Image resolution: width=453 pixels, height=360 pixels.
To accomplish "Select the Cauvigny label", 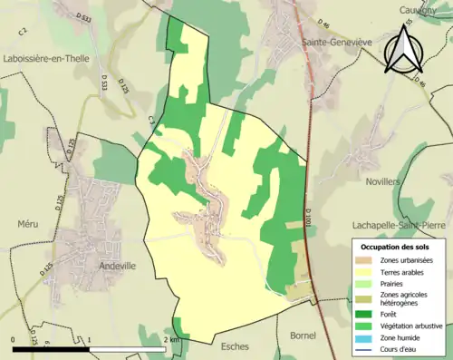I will (x=420, y=10).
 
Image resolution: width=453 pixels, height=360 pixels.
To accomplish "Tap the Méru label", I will (x=29, y=223).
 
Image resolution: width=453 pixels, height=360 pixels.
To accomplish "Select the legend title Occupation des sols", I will (x=397, y=247).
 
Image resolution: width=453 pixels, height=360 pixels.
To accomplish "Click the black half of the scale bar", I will (x=51, y=348).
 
